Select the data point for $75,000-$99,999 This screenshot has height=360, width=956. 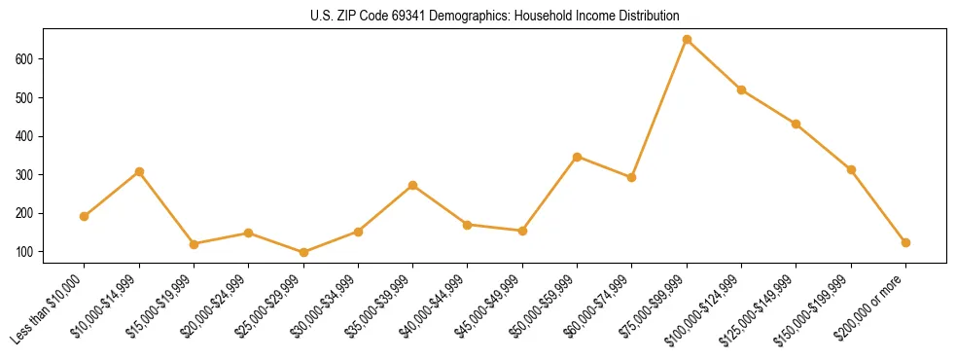[687, 40]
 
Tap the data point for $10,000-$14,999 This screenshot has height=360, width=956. [139, 172]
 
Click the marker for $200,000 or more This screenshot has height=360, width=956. [905, 242]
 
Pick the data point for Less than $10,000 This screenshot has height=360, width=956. [85, 216]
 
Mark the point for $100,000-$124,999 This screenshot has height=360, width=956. [741, 90]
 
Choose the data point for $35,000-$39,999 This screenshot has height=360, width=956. [413, 185]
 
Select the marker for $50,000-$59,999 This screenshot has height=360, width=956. [577, 157]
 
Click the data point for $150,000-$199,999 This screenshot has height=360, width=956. [851, 169]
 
